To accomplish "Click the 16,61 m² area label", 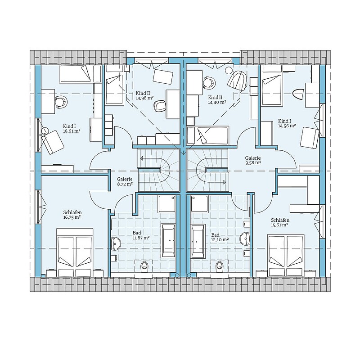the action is pyautogui.click(x=72, y=131).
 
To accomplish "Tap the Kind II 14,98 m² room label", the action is pyautogui.click(x=144, y=95).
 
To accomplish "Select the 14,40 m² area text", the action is pyautogui.click(x=217, y=102).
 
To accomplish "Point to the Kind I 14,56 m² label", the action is pyautogui.click(x=287, y=123).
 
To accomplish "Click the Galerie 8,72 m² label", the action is pyautogui.click(x=125, y=181).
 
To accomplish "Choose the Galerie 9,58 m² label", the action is pyautogui.click(x=253, y=160).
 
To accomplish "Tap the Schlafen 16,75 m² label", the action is pyautogui.click(x=72, y=215).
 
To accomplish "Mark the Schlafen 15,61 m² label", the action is pyautogui.click(x=279, y=223).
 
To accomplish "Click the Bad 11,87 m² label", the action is pyautogui.click(x=141, y=235).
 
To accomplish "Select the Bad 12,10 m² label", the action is pyautogui.click(x=220, y=237).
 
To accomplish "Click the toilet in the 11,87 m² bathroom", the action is pyautogui.click(x=144, y=266).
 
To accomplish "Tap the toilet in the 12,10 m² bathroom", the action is pyautogui.click(x=219, y=266).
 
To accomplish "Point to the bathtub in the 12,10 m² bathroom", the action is pyautogui.click(x=198, y=241).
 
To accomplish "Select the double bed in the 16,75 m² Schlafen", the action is pyautogui.click(x=75, y=252).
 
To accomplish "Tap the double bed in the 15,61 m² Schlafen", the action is pyautogui.click(x=286, y=255).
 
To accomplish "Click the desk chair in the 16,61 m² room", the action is pyautogui.click(x=61, y=102).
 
